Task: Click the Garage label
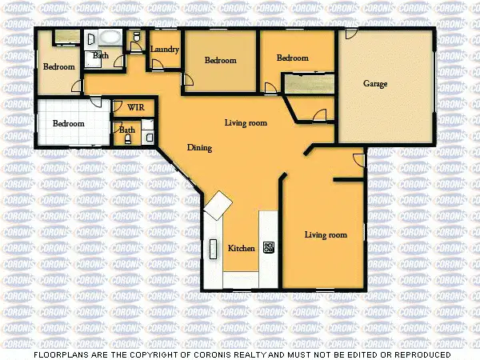[x=375, y=83]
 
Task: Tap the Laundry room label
[x=164, y=50]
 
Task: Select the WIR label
[x=135, y=106]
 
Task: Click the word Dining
[x=199, y=148]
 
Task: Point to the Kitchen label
[x=242, y=248]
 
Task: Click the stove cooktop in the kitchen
[x=269, y=247]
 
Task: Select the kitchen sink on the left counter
[x=214, y=249]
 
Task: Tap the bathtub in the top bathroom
[x=106, y=38]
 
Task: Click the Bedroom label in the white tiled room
[x=69, y=124]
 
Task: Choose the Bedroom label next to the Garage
[x=293, y=58]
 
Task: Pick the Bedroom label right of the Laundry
[x=220, y=61]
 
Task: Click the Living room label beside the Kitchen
[x=326, y=234]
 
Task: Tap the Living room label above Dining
[x=246, y=122]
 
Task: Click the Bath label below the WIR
[x=127, y=129]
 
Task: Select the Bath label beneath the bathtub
[x=101, y=55]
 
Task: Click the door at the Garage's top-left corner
[x=350, y=34]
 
